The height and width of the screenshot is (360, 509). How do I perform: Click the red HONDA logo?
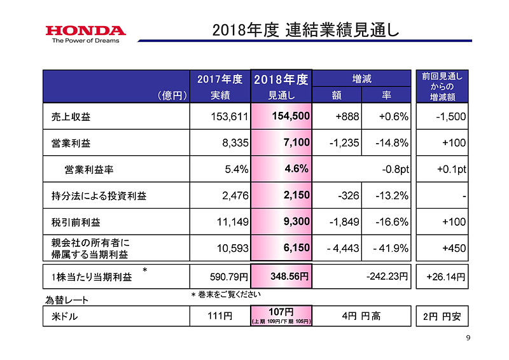(x=85, y=30)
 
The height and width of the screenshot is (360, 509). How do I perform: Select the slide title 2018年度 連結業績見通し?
(x=305, y=29)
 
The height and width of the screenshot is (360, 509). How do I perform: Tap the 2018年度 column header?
(x=281, y=80)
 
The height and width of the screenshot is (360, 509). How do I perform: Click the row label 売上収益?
(x=72, y=117)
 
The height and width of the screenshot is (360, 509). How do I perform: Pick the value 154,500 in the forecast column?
(x=291, y=117)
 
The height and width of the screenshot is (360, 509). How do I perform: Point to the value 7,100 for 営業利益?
(x=296, y=143)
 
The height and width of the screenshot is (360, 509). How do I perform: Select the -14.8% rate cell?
(x=391, y=143)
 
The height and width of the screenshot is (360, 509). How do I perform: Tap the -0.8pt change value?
(x=394, y=169)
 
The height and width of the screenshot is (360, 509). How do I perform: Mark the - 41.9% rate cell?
(x=389, y=249)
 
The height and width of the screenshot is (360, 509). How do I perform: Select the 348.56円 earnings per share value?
(x=286, y=277)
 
